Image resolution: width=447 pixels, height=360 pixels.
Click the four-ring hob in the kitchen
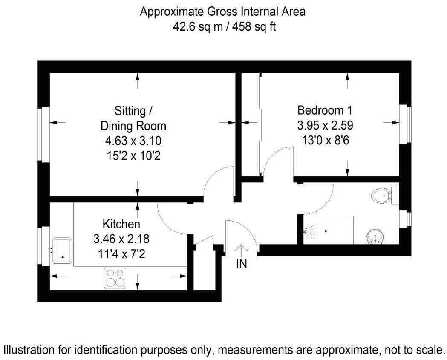click(x=115, y=278)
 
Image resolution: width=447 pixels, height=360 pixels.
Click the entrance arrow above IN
click(x=241, y=251)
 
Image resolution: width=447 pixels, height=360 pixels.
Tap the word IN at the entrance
click(x=242, y=264)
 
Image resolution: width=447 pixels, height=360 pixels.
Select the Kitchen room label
click(x=121, y=224)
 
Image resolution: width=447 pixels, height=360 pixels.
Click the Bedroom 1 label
click(x=325, y=110)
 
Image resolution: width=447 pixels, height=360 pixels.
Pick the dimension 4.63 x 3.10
click(x=133, y=141)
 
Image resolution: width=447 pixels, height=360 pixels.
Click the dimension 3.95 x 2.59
click(x=325, y=125)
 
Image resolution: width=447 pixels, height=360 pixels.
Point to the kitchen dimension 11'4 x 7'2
click(x=122, y=253)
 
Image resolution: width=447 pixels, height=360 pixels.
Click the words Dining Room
click(x=133, y=126)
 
